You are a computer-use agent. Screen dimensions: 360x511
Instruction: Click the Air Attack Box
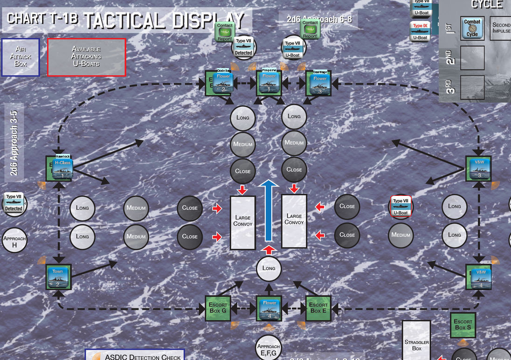pyautogui.click(x=21, y=56)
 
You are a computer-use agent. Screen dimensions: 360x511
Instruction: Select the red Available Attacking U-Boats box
pyautogui.click(x=86, y=56)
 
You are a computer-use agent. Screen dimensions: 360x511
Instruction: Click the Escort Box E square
pyautogui.click(x=318, y=308)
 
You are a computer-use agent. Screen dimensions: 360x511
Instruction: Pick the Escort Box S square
pyautogui.click(x=463, y=324)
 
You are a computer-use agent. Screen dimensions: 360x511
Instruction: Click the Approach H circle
pyautogui.click(x=14, y=241)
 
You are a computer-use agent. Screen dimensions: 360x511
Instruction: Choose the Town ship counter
pyautogui.click(x=57, y=277)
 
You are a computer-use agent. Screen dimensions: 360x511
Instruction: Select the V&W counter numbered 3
pyautogui.click(x=479, y=168)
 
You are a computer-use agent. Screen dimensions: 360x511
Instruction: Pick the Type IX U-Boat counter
pyautogui.click(x=420, y=31)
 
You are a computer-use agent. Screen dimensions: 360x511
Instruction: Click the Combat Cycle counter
pyautogui.click(x=472, y=28)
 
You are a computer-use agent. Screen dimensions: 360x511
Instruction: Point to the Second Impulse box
pyautogui.click(x=501, y=28)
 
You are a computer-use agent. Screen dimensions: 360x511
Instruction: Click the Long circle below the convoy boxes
pyautogui.click(x=269, y=268)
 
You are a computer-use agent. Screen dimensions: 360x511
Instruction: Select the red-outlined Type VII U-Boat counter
pyautogui.click(x=401, y=207)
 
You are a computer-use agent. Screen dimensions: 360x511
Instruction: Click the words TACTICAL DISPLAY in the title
pyautogui.click(x=164, y=20)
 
